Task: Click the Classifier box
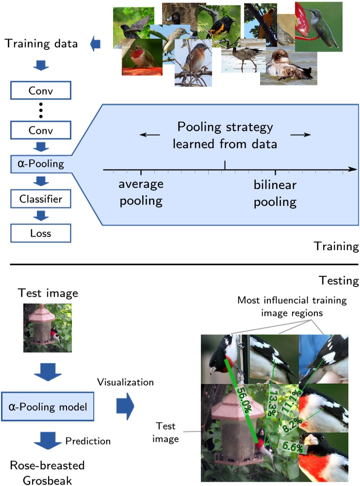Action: pyautogui.click(x=41, y=198)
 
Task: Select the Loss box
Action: pyautogui.click(x=41, y=233)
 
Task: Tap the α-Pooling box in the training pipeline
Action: pyautogui.click(x=41, y=163)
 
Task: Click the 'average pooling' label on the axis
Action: pyautogui.click(x=141, y=193)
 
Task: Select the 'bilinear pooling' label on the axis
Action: pyautogui.click(x=275, y=193)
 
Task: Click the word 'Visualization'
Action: pyautogui.click(x=125, y=382)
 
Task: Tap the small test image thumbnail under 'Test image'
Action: pyautogui.click(x=48, y=327)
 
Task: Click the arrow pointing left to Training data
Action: pyautogui.click(x=96, y=44)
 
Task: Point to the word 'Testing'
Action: pyautogui.click(x=339, y=281)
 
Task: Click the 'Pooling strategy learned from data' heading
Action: pyautogui.click(x=225, y=135)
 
